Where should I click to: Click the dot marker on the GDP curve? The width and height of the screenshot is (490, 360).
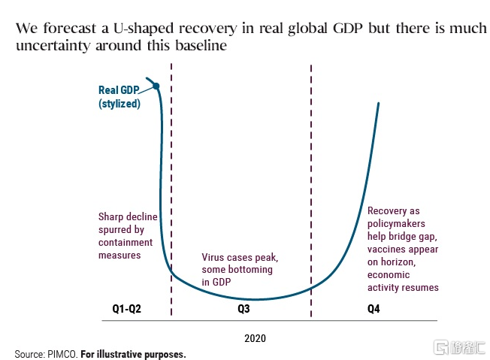tap(156, 86)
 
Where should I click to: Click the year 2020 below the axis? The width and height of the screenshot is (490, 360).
tap(255, 338)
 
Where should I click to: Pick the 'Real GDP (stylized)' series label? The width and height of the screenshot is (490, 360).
tap(119, 98)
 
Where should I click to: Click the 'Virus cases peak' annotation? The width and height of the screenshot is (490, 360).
tap(237, 256)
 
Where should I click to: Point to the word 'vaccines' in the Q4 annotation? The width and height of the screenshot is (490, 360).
tap(388, 249)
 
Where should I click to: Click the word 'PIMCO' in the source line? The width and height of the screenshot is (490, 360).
tap(62, 353)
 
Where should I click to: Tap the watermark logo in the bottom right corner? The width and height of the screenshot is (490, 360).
tap(456, 347)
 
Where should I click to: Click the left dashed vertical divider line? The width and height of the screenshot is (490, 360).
tap(172, 188)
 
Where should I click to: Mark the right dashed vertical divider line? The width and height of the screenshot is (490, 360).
tap(310, 188)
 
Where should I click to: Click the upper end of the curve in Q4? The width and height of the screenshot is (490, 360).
tap(378, 103)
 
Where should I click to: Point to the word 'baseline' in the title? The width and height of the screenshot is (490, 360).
tap(201, 47)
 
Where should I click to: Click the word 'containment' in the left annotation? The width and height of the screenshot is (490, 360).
tap(126, 243)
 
